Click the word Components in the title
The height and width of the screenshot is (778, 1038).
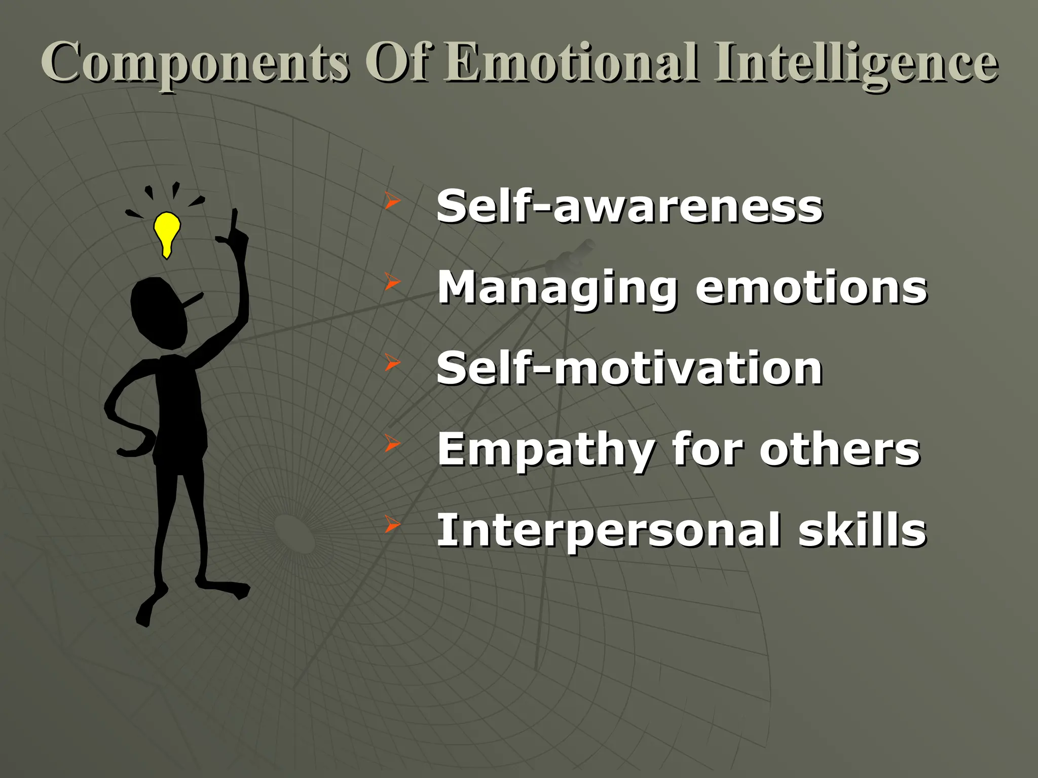point(195,63)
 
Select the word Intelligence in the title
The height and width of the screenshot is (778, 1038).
point(856,63)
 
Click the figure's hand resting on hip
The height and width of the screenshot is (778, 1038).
point(133,448)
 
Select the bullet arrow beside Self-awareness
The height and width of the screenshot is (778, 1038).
point(392,201)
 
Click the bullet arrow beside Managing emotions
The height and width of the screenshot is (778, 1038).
point(392,282)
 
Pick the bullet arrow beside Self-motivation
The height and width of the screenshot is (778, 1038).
point(392,363)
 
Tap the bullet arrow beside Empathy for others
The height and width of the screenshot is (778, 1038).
point(392,443)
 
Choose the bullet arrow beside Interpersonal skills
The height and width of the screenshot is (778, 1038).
point(392,525)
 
